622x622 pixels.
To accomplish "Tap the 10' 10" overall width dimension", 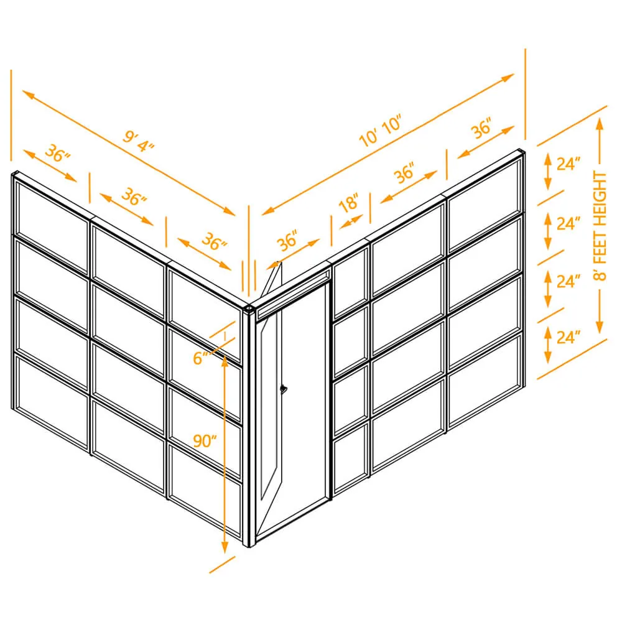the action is click(x=380, y=131).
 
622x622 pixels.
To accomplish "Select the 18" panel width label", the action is click(x=349, y=203).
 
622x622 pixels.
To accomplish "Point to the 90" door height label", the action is click(x=205, y=441).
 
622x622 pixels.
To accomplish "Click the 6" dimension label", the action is click(x=201, y=358).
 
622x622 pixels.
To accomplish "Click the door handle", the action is click(x=283, y=389).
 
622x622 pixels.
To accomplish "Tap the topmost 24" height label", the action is click(x=569, y=164).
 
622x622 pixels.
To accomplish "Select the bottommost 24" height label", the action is click(x=569, y=337).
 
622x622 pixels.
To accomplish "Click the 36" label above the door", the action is click(x=287, y=240).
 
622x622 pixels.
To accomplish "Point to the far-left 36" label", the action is click(x=57, y=154).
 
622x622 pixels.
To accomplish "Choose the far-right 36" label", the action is click(x=482, y=128).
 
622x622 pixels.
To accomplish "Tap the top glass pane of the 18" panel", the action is click(x=351, y=282).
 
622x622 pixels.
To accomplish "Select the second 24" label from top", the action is click(x=569, y=223).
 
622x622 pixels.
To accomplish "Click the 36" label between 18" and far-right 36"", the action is click(x=405, y=172).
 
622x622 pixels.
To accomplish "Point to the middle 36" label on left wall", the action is click(x=134, y=197).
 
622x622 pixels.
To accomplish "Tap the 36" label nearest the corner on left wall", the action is click(x=214, y=241).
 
